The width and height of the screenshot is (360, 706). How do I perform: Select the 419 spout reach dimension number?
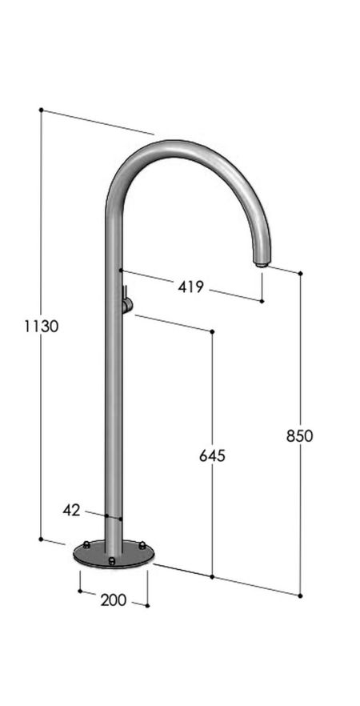pos(191,287)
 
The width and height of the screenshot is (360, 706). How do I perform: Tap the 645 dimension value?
pos(212,455)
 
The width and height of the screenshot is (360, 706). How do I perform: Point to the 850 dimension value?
pos(300,435)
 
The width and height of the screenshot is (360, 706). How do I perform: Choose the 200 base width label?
pos(113,600)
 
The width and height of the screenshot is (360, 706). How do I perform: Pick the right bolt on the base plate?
pos(142,545)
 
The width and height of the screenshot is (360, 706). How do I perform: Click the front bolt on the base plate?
pos(112,560)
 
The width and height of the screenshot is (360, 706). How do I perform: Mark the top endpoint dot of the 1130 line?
pos(41,110)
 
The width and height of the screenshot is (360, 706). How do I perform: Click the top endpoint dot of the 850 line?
pos(300,273)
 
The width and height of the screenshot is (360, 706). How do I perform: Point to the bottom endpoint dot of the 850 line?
pos(300,596)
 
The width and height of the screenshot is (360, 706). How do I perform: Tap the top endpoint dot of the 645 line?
pos(212,331)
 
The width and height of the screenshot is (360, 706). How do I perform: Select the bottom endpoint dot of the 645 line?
pos(212,576)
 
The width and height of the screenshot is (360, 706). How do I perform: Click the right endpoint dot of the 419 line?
pos(262,301)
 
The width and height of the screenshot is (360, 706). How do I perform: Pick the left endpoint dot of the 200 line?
pos(79,592)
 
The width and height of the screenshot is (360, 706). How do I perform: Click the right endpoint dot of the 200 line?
pos(147,604)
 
